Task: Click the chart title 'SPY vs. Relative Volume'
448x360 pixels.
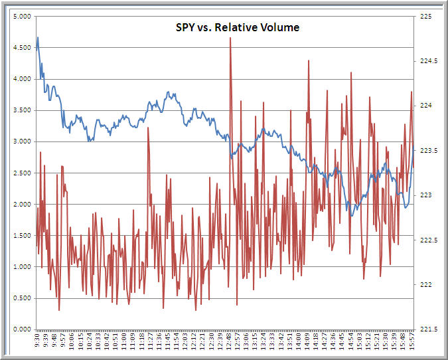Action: [x=232, y=27]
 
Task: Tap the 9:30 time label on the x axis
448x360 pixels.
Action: [x=37, y=342]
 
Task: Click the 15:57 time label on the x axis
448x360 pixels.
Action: [x=413, y=342]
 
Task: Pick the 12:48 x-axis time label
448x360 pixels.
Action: [x=230, y=342]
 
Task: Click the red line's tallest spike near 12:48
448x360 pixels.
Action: [x=230, y=39]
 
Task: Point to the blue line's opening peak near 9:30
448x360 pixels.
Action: [x=38, y=38]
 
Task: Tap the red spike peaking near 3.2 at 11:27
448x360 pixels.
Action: [x=148, y=128]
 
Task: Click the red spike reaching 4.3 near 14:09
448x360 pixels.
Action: [x=309, y=61]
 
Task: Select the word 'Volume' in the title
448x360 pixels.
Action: [x=282, y=27]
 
